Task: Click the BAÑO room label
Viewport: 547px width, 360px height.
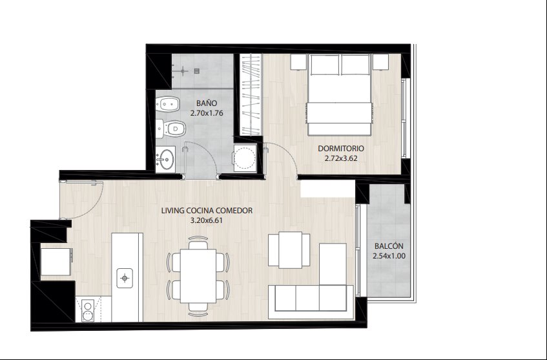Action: pyautogui.click(x=207, y=103)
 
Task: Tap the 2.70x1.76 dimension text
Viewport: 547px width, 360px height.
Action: pyautogui.click(x=207, y=113)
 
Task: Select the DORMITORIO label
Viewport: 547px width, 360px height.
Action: pyautogui.click(x=341, y=149)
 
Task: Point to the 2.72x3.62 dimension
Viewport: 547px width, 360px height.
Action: pyautogui.click(x=341, y=158)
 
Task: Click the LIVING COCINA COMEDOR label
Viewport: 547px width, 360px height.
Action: pyautogui.click(x=207, y=211)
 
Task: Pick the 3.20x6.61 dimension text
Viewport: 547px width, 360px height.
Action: pyautogui.click(x=207, y=220)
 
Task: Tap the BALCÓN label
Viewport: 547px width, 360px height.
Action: pyautogui.click(x=389, y=246)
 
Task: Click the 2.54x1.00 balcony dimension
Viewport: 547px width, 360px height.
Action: pyautogui.click(x=389, y=256)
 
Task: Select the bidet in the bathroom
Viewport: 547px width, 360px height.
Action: pyautogui.click(x=167, y=104)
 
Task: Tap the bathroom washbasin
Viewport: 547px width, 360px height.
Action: pyautogui.click(x=165, y=160)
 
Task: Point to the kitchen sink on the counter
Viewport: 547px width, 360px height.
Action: pyautogui.click(x=125, y=278)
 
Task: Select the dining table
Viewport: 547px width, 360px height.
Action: pyautogui.click(x=198, y=276)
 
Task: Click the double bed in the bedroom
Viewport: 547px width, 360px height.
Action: pyautogui.click(x=339, y=94)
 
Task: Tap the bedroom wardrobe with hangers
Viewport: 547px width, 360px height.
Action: pyautogui.click(x=251, y=94)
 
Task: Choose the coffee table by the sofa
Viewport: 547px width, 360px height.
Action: pyautogui.click(x=290, y=250)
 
